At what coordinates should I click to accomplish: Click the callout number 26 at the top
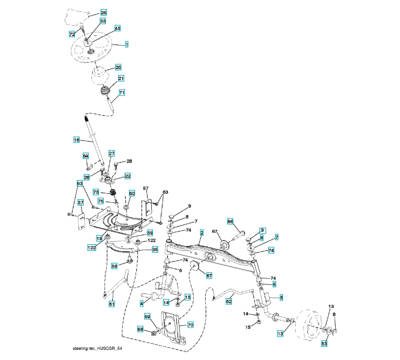click(103, 13)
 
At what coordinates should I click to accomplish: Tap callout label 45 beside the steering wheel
click(118, 28)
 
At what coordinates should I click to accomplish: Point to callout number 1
click(127, 44)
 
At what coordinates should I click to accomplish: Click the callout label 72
click(71, 35)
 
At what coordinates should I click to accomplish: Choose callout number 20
click(118, 67)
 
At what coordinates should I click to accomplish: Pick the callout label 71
click(121, 92)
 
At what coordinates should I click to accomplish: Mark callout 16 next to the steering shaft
click(76, 140)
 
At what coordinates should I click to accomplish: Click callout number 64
click(85, 156)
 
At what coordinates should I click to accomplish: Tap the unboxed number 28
click(128, 161)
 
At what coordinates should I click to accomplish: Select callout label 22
click(127, 176)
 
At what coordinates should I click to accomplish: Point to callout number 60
click(132, 193)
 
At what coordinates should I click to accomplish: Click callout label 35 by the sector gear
click(154, 249)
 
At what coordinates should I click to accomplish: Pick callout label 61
click(112, 304)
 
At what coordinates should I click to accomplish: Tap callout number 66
click(230, 221)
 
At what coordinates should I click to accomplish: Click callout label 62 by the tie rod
click(228, 302)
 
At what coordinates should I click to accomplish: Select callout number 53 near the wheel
click(324, 344)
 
